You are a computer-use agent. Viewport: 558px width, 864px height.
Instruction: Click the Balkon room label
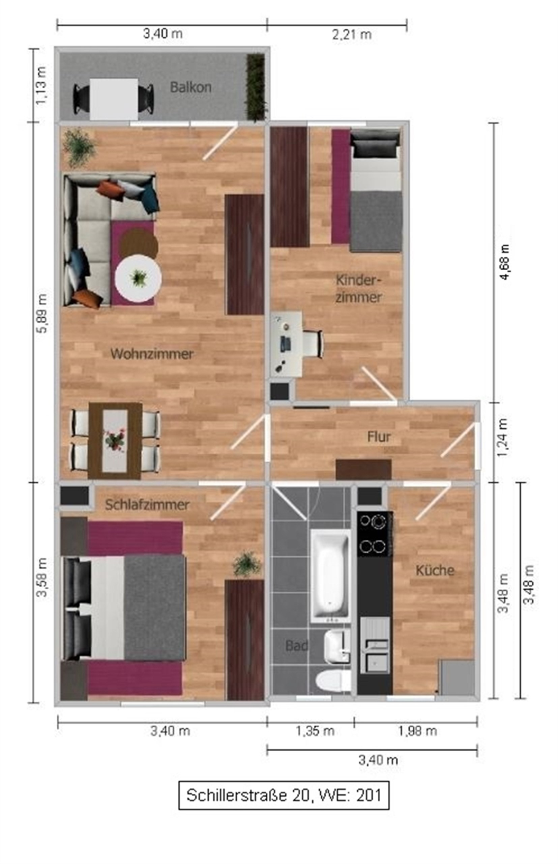(x=190, y=87)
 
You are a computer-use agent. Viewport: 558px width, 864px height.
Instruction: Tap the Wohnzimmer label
(x=152, y=354)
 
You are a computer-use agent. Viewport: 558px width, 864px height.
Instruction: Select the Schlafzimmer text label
(x=147, y=505)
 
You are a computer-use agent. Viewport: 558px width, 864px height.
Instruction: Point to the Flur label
(x=379, y=437)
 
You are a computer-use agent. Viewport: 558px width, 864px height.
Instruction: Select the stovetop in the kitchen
(x=374, y=534)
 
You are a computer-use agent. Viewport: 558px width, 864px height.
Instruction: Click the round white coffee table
(x=139, y=278)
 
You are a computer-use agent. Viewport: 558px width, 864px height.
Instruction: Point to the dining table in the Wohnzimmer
(x=115, y=441)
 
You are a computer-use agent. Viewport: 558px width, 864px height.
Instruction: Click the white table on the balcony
(x=114, y=99)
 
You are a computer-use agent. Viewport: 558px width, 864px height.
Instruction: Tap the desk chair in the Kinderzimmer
(x=313, y=344)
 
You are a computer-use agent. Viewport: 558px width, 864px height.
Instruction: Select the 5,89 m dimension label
(x=42, y=313)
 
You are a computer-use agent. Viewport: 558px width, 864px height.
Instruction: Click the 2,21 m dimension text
(x=352, y=35)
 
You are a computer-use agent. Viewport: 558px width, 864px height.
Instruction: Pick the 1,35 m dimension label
(x=315, y=731)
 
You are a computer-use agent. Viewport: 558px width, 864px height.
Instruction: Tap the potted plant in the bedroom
(x=246, y=564)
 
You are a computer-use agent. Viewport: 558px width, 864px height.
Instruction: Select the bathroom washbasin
(x=337, y=646)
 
